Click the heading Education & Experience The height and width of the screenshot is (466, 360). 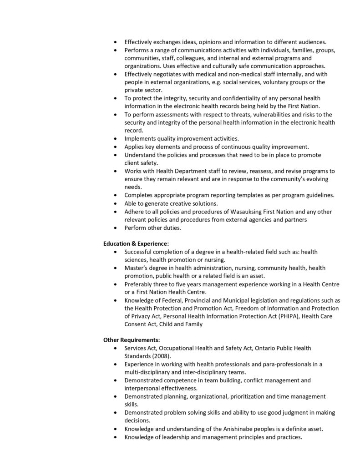(x=136, y=243)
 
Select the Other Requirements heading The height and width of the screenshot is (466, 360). (x=132, y=339)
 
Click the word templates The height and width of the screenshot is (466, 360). (x=245, y=195)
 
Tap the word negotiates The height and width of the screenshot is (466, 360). (x=166, y=74)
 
